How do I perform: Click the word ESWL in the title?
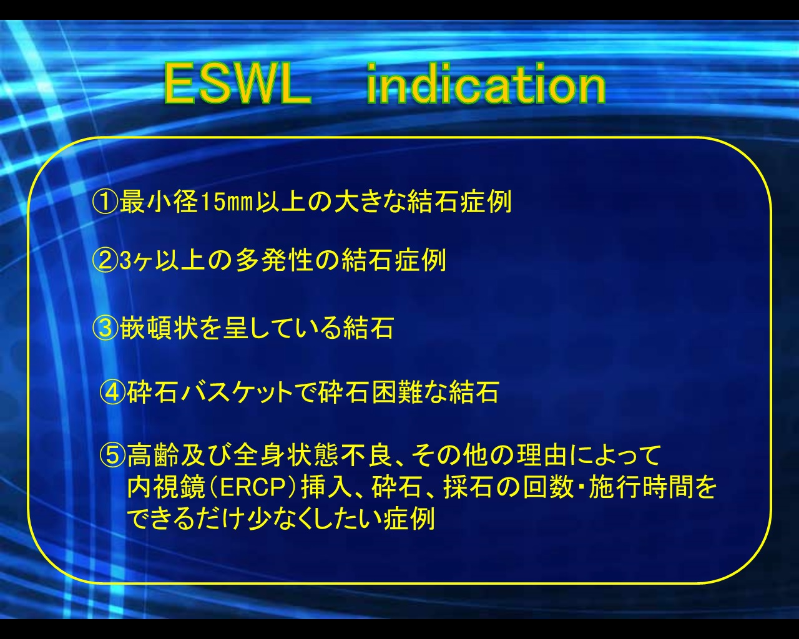(x=237, y=84)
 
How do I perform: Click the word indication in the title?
(x=486, y=84)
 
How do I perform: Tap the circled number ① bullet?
(x=105, y=202)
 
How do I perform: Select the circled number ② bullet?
(x=105, y=260)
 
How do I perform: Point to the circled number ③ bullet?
(x=105, y=328)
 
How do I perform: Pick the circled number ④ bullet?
(x=113, y=392)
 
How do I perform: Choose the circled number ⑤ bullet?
(x=113, y=455)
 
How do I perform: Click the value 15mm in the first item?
(x=227, y=202)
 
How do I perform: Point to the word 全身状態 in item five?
(x=286, y=455)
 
